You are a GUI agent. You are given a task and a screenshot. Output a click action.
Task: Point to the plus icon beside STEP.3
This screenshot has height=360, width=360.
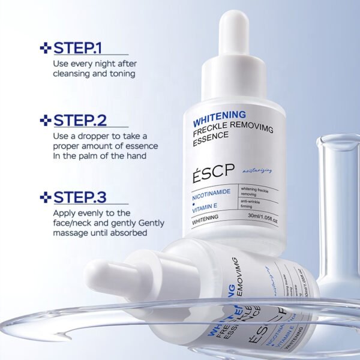[44, 197]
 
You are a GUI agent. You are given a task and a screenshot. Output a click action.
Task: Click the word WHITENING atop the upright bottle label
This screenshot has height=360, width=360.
[207, 114]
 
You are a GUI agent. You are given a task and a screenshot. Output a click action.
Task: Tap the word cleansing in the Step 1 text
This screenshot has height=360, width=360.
[73, 74]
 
